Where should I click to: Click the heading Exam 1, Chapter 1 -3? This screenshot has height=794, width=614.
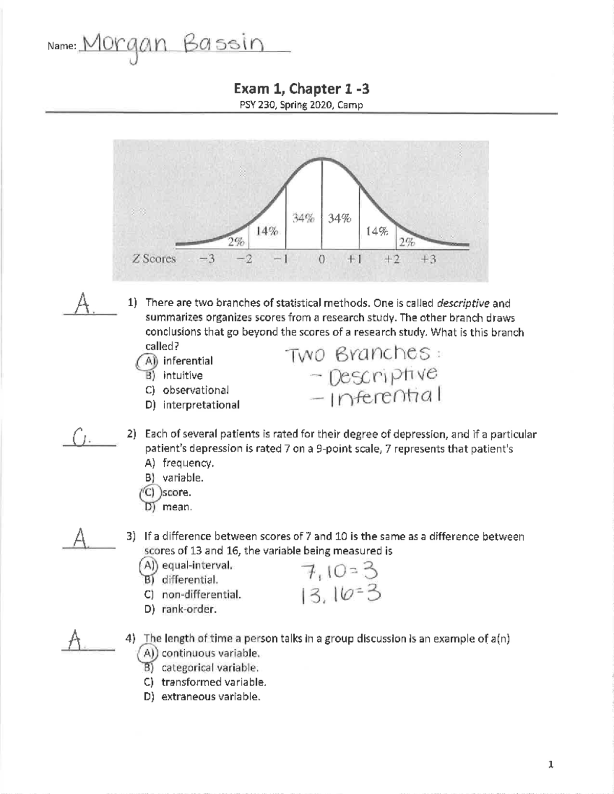point(301,89)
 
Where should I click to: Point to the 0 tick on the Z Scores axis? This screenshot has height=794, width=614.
point(321,259)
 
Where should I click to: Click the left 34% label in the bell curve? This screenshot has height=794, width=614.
point(303,218)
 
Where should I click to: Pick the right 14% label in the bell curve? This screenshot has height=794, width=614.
point(377,231)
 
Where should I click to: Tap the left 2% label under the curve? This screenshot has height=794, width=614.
point(236,242)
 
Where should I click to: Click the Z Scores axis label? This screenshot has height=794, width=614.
point(153,259)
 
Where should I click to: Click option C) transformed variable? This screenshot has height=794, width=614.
point(205,682)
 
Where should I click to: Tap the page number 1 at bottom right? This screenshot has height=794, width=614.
point(551,765)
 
